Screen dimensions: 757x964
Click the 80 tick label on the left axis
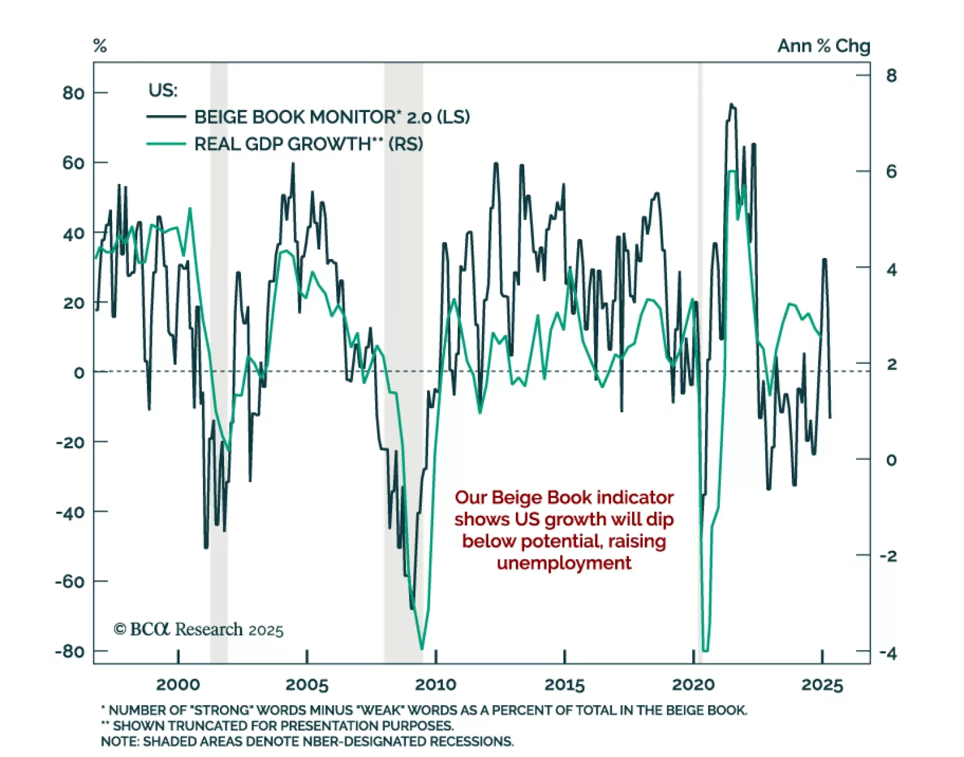click(x=73, y=93)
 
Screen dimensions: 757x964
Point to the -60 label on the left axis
click(x=69, y=582)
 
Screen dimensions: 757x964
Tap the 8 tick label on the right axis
click(x=891, y=76)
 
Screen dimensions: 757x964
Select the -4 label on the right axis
click(x=887, y=653)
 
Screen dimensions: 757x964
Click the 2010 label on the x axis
click(x=436, y=685)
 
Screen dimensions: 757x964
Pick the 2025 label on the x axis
click(x=822, y=685)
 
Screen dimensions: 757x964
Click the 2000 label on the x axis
click(x=178, y=685)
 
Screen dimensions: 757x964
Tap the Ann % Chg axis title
click(x=824, y=46)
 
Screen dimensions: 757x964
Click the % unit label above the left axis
click(x=100, y=46)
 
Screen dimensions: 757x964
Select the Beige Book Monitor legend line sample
click(x=166, y=117)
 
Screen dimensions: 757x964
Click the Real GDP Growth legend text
click(x=308, y=144)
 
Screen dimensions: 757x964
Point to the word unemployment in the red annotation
click(x=564, y=563)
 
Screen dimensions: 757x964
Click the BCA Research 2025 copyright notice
click(x=198, y=630)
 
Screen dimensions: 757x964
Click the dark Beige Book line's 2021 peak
click(x=731, y=105)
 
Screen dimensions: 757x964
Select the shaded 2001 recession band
click(x=219, y=362)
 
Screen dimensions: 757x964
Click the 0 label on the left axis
click(x=79, y=373)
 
